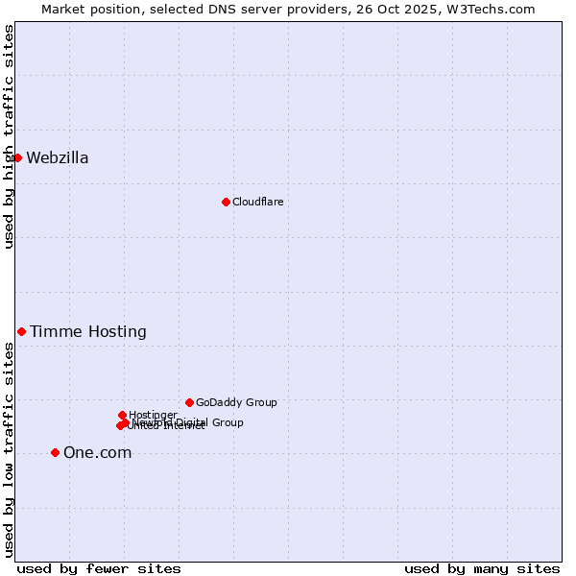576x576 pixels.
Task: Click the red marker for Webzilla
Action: pyautogui.click(x=17, y=157)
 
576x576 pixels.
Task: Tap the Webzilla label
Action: pyautogui.click(x=58, y=158)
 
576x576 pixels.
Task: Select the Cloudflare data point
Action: pyautogui.click(x=226, y=202)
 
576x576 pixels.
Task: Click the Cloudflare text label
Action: pyautogui.click(x=257, y=202)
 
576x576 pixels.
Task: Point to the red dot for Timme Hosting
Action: pyautogui.click(x=21, y=331)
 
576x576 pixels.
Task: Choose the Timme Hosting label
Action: pyautogui.click(x=88, y=332)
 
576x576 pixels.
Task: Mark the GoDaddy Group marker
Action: pyautogui.click(x=189, y=402)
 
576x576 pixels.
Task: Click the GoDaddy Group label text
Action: pyautogui.click(x=236, y=402)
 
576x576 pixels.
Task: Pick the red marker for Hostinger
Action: pyautogui.click(x=122, y=415)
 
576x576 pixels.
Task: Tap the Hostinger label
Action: pyautogui.click(x=153, y=415)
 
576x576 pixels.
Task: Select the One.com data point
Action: pyautogui.click(x=55, y=452)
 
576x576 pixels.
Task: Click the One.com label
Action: pyautogui.click(x=97, y=453)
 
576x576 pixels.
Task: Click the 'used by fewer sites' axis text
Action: pyautogui.click(x=99, y=568)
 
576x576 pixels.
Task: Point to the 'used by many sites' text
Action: pyautogui.click(x=482, y=568)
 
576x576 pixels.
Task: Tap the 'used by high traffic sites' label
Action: pyautogui.click(x=9, y=136)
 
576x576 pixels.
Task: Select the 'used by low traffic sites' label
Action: pyautogui.click(x=9, y=449)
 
